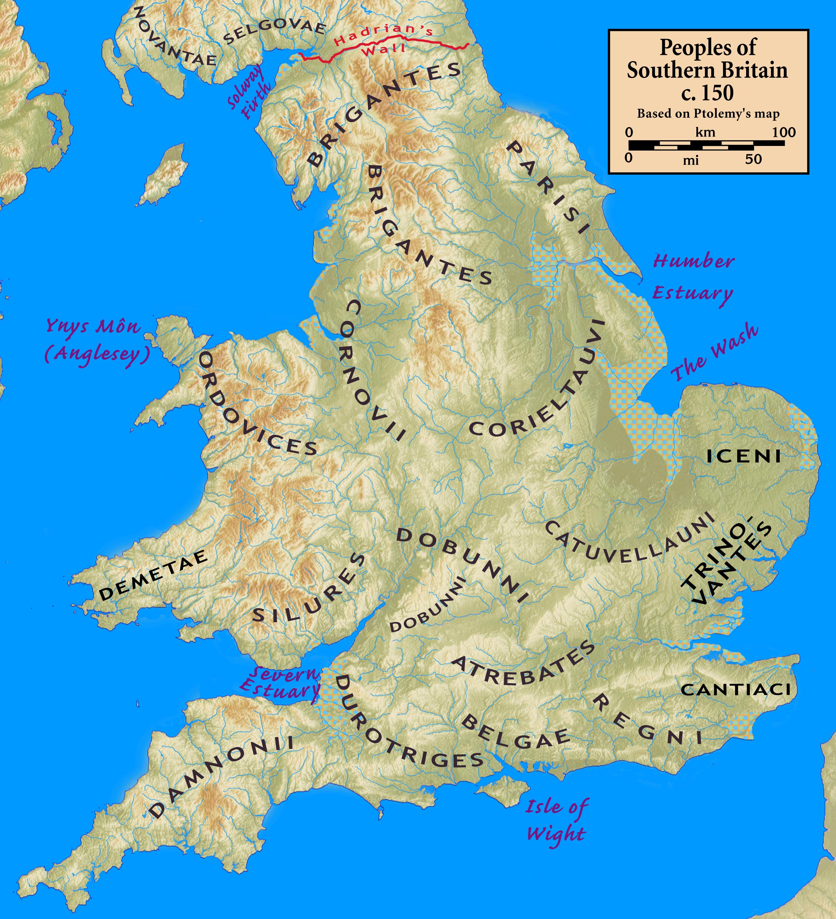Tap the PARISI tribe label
548,187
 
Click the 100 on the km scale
784,133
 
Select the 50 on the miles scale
753,159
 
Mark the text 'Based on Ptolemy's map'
708,114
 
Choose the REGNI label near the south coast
648,722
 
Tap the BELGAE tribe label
515,734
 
